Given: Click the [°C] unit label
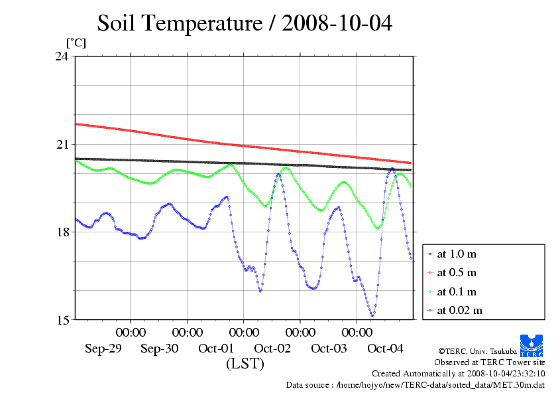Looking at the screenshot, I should (75, 43).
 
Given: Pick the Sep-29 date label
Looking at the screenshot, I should (103, 349).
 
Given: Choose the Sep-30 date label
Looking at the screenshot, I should (160, 349).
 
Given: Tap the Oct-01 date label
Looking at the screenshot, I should (216, 349).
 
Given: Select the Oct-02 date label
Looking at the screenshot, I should (272, 349).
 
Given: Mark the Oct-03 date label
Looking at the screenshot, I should (329, 349).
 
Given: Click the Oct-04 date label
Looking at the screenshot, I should (385, 349).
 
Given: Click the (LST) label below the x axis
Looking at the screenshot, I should (245, 364).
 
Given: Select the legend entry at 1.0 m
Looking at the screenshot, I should (457, 254).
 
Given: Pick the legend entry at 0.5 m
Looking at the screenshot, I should (457, 272).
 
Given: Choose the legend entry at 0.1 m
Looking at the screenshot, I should (457, 291).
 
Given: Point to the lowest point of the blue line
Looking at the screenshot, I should (373, 315).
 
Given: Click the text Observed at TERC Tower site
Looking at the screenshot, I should (489, 362).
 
